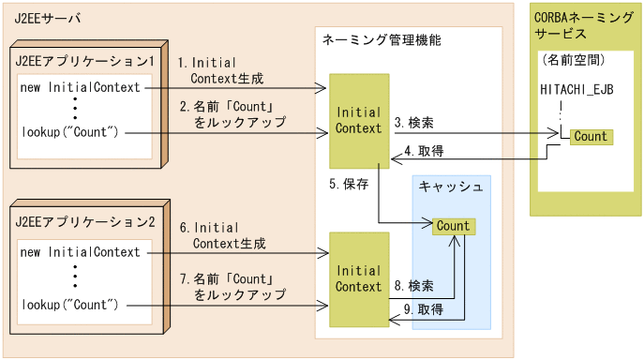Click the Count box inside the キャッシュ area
pyautogui.click(x=453, y=226)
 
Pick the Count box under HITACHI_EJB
pyautogui.click(x=591, y=137)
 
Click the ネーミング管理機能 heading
pyautogui.click(x=381, y=41)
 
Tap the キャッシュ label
pyautogui.click(x=451, y=187)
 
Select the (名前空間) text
pyautogui.click(x=573, y=59)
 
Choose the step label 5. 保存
pyautogui.click(x=349, y=184)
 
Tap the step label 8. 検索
pyautogui.click(x=414, y=285)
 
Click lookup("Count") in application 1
pyautogui.click(x=69, y=131)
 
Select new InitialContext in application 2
pyautogui.click(x=80, y=251)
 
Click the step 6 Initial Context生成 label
pyautogui.click(x=222, y=235)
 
